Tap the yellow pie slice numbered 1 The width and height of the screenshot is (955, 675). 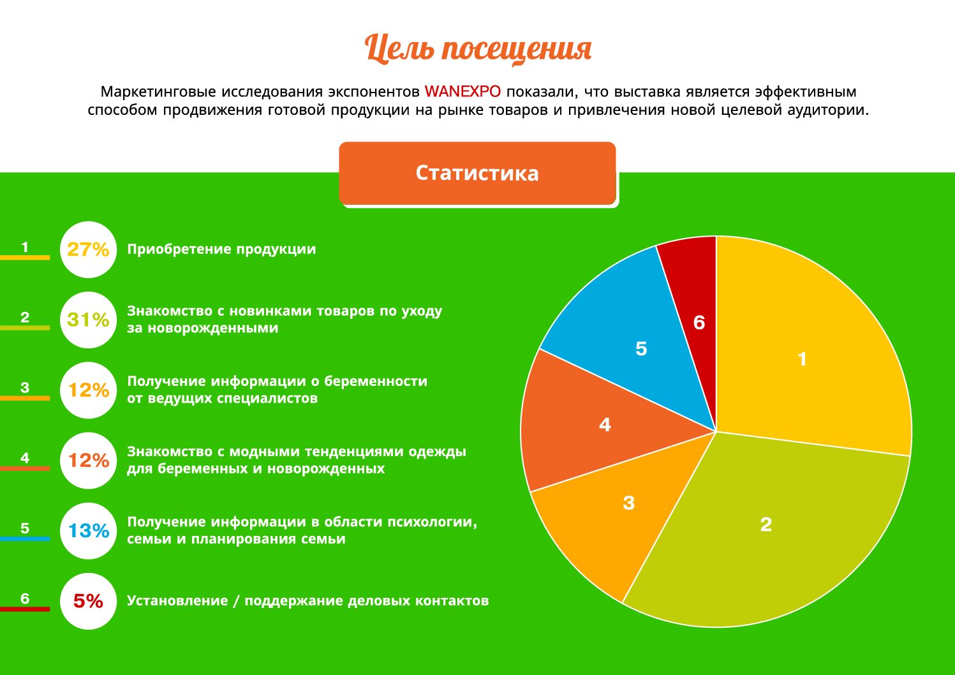tap(804, 357)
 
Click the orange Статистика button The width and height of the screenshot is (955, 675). tap(477, 173)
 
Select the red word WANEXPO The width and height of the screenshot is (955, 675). tap(463, 91)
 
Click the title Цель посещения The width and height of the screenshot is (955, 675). tap(477, 48)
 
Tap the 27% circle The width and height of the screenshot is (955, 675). tap(88, 249)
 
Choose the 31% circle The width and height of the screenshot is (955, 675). tap(88, 320)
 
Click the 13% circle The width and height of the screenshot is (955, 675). tap(88, 531)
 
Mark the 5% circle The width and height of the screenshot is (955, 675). tap(88, 601)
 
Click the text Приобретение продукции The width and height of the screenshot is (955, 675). tap(221, 249)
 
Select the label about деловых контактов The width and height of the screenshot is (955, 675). tap(307, 601)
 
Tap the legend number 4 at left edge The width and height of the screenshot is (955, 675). tap(25, 457)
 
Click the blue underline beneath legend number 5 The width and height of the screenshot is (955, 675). tap(25, 539)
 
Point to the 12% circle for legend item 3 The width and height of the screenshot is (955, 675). tap(88, 390)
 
